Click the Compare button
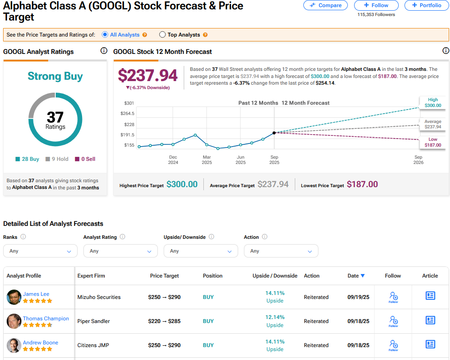[326, 5]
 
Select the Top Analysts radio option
[162, 35]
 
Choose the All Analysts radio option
[105, 35]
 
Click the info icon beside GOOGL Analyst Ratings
[104, 51]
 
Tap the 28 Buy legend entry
[27, 159]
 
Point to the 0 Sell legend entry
[85, 159]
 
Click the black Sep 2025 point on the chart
[274, 133]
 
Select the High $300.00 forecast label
[433, 103]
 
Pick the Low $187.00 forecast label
[433, 142]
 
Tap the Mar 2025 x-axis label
[207, 160]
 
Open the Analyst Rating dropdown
[120, 251]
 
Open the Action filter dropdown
[281, 251]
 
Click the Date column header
[356, 276]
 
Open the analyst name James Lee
[36, 294]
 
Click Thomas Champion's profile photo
[14, 321]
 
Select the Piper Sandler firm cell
[94, 321]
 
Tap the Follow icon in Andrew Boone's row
[393, 344]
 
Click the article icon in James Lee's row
[430, 296]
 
